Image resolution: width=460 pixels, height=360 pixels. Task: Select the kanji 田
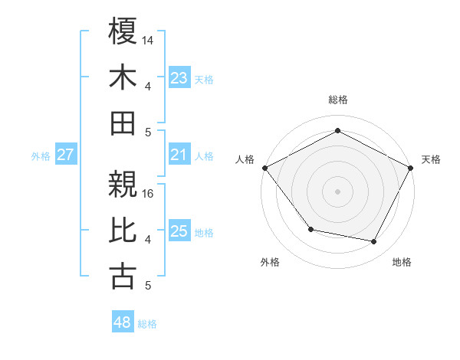point(123,123)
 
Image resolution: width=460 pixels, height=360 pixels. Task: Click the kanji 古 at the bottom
point(123,277)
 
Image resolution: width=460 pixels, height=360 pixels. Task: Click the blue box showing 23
point(179,78)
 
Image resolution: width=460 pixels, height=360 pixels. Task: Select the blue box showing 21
point(179,155)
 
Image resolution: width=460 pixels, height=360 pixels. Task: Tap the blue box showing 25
point(179,231)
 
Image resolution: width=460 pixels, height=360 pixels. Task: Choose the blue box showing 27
point(66,155)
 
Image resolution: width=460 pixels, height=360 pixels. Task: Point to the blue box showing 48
point(123,322)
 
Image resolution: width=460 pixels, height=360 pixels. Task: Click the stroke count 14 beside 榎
point(148,40)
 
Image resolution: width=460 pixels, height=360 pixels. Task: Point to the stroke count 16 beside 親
point(148,193)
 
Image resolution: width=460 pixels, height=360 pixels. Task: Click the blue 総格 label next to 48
point(147,324)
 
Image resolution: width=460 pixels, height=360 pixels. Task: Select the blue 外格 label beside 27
point(41,156)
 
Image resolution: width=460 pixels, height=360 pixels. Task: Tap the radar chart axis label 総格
point(337,100)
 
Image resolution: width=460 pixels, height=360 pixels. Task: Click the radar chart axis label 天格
point(431,159)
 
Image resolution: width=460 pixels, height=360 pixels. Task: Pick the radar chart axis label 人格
point(245,159)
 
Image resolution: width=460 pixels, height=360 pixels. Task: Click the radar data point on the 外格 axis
point(310,229)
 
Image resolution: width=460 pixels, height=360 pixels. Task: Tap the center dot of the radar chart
point(337,191)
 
